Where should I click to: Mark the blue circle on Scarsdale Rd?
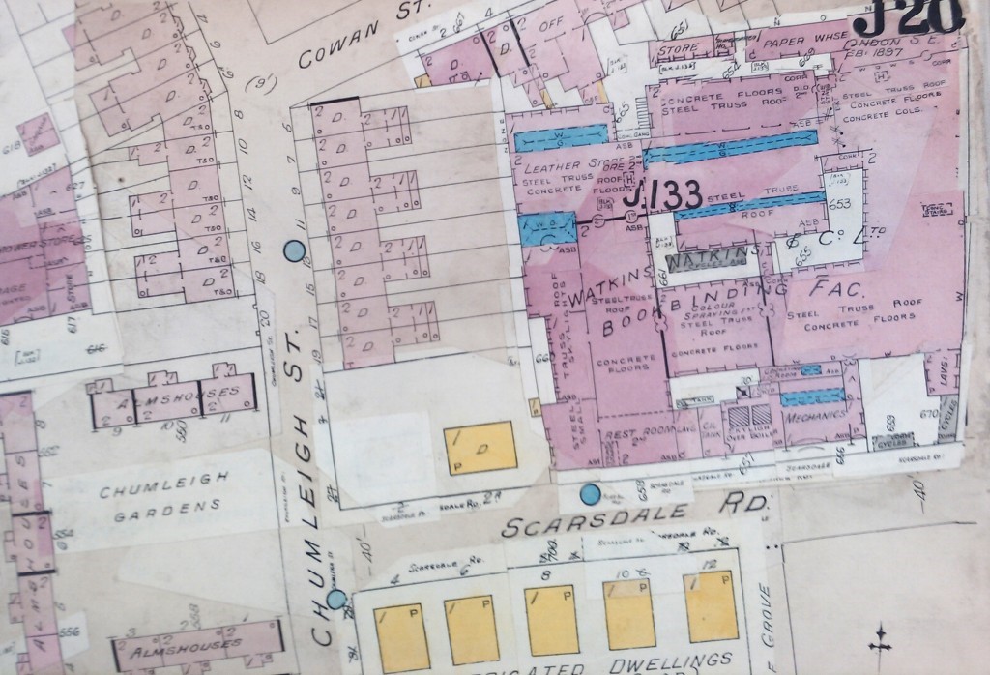point(589,496)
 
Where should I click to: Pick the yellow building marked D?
point(480,446)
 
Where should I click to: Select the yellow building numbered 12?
point(710,605)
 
